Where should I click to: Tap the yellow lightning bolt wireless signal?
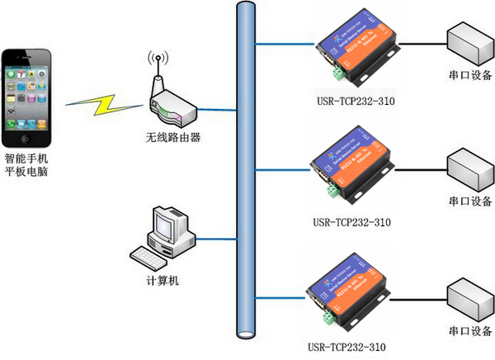pyautogui.click(x=105, y=102)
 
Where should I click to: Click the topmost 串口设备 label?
pyautogui.click(x=470, y=76)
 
